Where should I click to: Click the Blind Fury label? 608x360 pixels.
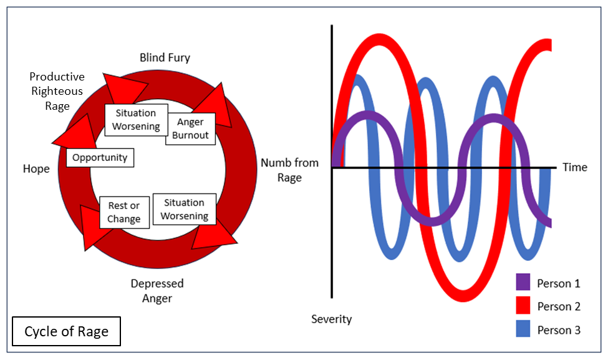pyautogui.click(x=165, y=58)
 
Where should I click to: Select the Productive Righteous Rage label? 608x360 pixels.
pyautogui.click(x=57, y=91)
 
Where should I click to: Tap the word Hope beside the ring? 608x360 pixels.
pyautogui.click(x=36, y=169)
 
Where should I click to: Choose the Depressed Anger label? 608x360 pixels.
pyautogui.click(x=157, y=291)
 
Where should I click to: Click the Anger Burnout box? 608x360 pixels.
pyautogui.click(x=190, y=129)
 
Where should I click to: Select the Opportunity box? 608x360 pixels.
pyautogui.click(x=100, y=157)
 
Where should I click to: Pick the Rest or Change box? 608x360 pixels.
pyautogui.click(x=123, y=212)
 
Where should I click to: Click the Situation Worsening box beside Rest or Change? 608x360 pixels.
pyautogui.click(x=185, y=209)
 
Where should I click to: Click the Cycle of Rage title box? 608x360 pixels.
pyautogui.click(x=66, y=331)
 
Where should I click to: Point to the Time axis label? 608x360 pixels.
pyautogui.click(x=574, y=167)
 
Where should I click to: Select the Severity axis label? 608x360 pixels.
pyautogui.click(x=331, y=319)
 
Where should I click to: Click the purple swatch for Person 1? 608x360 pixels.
pyautogui.click(x=523, y=283)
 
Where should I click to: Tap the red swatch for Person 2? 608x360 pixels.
pyautogui.click(x=523, y=306)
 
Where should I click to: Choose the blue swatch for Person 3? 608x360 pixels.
pyautogui.click(x=523, y=329)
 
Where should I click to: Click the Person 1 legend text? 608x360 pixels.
pyautogui.click(x=558, y=283)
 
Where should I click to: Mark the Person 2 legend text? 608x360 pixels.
pyautogui.click(x=558, y=306)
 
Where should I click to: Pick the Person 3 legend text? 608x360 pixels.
pyautogui.click(x=558, y=330)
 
